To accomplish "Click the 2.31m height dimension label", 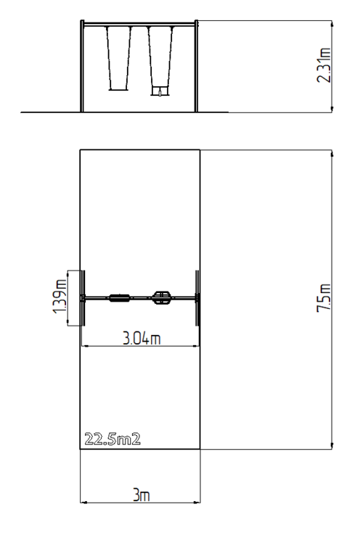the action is click(x=324, y=65).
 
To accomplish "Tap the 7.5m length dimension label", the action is click(x=324, y=297).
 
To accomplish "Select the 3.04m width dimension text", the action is click(x=142, y=338).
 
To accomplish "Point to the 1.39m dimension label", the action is click(x=60, y=296).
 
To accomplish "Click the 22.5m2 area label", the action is click(x=112, y=439).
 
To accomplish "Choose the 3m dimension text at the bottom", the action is click(x=141, y=495).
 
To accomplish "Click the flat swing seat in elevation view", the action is click(x=118, y=90).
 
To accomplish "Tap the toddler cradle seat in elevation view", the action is click(x=160, y=91).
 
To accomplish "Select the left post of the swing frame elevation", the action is click(x=82, y=66).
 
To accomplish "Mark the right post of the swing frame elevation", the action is click(x=196, y=66).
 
